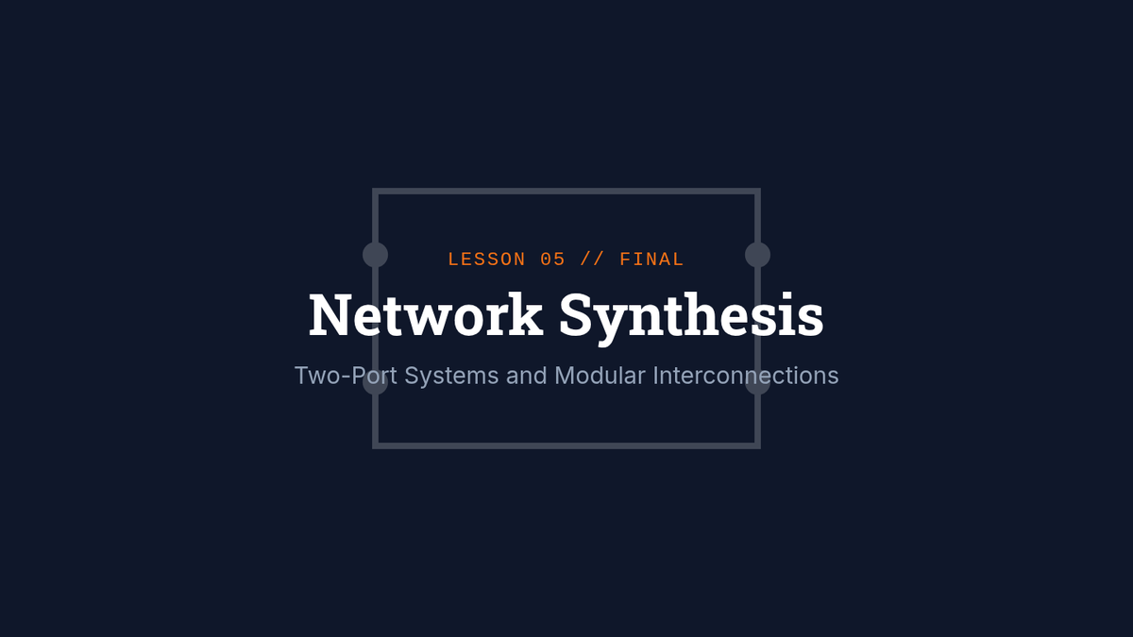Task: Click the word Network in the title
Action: pyautogui.click(x=426, y=315)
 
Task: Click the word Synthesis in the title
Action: pyautogui.click(x=691, y=317)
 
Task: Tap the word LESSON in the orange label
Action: pyautogui.click(x=486, y=260)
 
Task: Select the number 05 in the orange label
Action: pyautogui.click(x=553, y=260)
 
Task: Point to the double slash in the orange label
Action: pyautogui.click(x=593, y=260)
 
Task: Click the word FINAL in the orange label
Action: pyautogui.click(x=651, y=260)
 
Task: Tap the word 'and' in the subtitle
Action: pyautogui.click(x=527, y=376)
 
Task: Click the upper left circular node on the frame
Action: pyautogui.click(x=376, y=255)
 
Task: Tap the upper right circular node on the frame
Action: pyautogui.click(x=757, y=255)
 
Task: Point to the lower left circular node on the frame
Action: pyautogui.click(x=376, y=383)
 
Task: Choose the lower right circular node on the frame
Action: pyautogui.click(x=757, y=383)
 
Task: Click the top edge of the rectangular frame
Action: pyautogui.click(x=566, y=192)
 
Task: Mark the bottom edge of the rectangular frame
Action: pyautogui.click(x=566, y=444)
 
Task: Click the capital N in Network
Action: pyautogui.click(x=328, y=315)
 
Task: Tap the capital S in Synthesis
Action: pyautogui.click(x=577, y=315)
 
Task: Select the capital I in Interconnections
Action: pyautogui.click(x=655, y=376)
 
